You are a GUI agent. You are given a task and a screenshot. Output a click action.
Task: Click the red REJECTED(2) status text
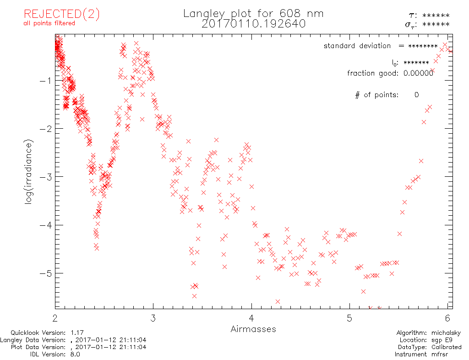click(62, 14)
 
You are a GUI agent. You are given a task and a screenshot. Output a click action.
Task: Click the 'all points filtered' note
click(49, 23)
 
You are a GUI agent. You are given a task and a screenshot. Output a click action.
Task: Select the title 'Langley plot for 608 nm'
click(253, 14)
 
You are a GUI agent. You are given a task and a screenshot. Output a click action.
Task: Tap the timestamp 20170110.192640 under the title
click(253, 24)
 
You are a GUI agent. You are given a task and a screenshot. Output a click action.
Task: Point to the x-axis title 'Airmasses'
click(253, 329)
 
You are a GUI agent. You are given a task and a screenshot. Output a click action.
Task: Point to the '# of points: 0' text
click(387, 95)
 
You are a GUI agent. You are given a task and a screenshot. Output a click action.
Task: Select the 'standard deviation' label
click(357, 46)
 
